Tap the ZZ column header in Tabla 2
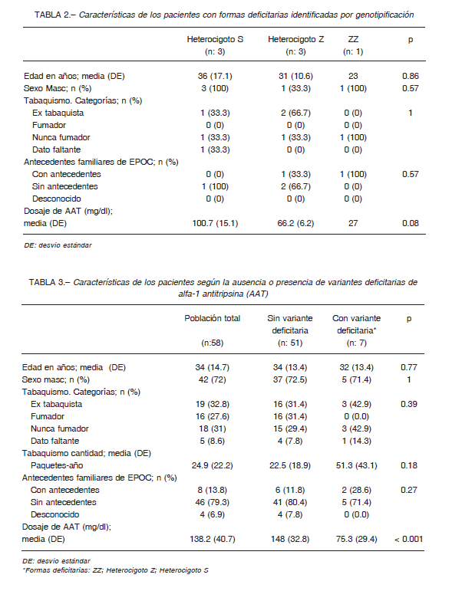coord(353,39)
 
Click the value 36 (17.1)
coord(215,76)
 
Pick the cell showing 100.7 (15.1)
coord(215,223)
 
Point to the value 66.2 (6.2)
coord(296,223)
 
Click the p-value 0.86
coord(411,76)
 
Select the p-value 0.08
coord(411,223)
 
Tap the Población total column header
coord(213,318)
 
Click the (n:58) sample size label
coord(213,343)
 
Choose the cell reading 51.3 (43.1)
coord(357,465)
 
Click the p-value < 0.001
coord(409,539)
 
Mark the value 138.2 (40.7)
coord(213,539)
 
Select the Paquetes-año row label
coord(57,465)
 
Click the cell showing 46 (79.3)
coord(213,502)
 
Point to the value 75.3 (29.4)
coord(357,539)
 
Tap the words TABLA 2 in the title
coord(51,15)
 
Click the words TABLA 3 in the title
coord(46,282)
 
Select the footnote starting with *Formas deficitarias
coord(115,570)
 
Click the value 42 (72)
coord(213,379)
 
